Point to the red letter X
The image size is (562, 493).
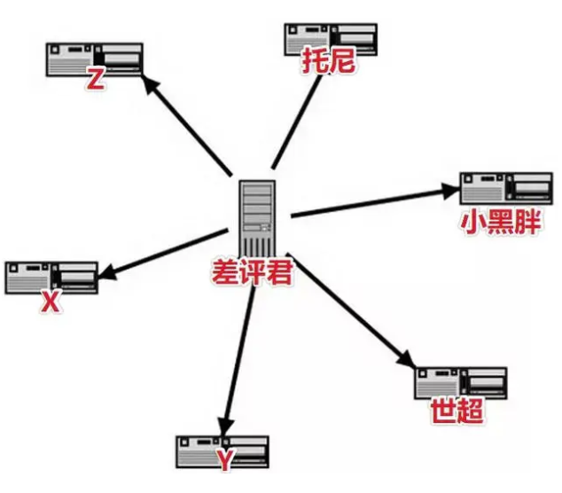51,302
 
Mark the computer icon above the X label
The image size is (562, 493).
51,278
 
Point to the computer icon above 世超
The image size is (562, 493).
461,382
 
